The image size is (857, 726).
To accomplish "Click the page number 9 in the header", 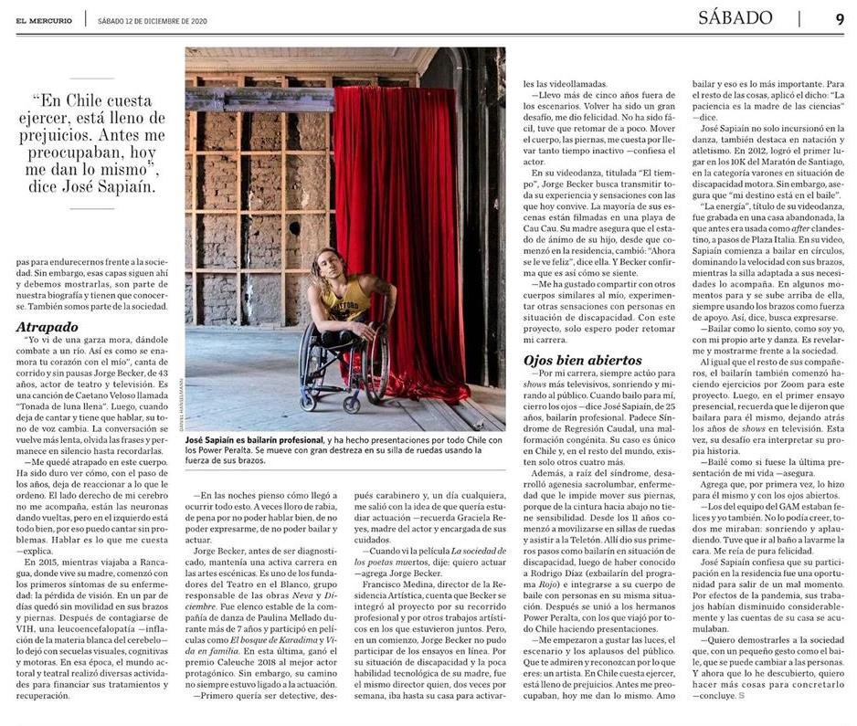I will tap(839, 18).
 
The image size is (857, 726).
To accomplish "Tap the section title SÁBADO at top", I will tap(735, 18).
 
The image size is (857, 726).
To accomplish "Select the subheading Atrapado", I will tap(47, 326).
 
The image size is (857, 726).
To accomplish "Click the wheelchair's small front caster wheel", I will tap(310, 400).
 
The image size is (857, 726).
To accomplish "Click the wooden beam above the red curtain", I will tap(265, 98).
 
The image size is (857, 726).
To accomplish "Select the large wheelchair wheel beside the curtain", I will tap(375, 365).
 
